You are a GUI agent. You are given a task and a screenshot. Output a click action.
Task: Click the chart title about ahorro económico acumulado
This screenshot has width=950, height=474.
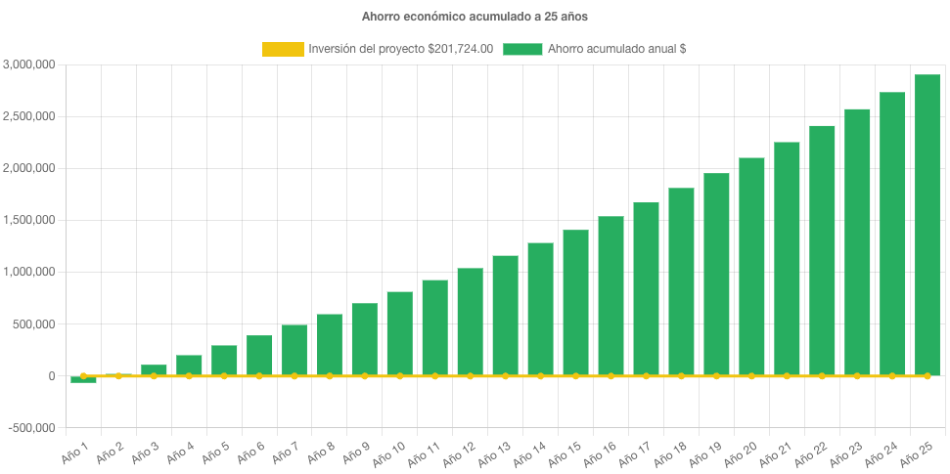pos(475,17)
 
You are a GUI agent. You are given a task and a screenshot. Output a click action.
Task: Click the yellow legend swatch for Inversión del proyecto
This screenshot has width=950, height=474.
pos(283,49)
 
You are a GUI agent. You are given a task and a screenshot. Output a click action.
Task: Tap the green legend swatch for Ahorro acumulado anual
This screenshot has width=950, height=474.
pos(522,49)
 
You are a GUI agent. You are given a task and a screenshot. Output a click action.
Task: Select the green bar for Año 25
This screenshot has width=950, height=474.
pos(927,225)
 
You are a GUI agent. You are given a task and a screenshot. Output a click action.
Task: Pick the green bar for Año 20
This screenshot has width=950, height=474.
pos(751,266)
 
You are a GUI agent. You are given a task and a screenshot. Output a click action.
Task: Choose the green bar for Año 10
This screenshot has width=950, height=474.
pos(399,333)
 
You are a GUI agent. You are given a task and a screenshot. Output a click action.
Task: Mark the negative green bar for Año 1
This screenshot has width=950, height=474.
pos(83,379)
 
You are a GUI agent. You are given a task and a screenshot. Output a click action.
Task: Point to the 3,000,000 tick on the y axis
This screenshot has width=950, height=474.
pos(29,65)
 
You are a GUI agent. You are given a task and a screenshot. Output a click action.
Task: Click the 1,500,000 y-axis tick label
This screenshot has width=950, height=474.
pos(29,220)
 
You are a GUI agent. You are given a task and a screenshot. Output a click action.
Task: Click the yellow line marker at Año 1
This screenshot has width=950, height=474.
pos(83,375)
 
